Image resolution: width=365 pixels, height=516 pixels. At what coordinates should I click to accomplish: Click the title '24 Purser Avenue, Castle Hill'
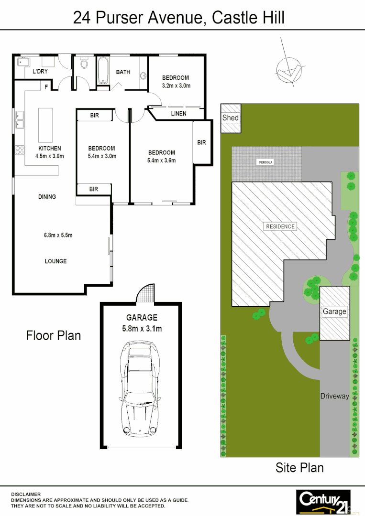[178, 18]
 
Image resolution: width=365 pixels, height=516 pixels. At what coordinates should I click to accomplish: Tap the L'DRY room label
[40, 72]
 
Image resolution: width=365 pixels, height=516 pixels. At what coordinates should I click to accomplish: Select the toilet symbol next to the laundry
[84, 63]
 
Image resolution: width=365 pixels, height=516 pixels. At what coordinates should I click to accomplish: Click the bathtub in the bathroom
[102, 71]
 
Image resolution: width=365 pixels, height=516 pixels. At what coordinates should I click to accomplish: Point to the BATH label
[123, 72]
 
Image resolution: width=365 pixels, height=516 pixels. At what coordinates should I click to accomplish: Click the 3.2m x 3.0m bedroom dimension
[176, 86]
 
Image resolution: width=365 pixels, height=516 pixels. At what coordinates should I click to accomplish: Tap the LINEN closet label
[178, 113]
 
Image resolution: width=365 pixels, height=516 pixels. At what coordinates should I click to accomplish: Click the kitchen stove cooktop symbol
[20, 150]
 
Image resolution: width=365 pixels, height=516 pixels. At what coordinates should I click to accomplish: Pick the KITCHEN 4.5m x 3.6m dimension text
[50, 156]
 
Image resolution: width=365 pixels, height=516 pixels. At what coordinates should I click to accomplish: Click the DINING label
[47, 196]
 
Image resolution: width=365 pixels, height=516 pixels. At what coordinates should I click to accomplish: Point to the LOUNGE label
[55, 261]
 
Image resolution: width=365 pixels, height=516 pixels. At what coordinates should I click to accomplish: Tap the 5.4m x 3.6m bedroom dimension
[161, 161]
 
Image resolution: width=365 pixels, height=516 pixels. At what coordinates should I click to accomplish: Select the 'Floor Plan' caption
[53, 335]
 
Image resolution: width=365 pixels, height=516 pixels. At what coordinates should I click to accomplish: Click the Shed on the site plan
[231, 118]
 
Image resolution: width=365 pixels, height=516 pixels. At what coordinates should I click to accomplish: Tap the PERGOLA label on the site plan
[266, 162]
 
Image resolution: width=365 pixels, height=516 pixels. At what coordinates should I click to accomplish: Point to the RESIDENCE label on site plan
[280, 226]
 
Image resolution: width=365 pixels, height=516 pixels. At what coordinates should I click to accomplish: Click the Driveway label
[334, 396]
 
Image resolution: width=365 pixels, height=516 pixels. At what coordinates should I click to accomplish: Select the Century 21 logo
[323, 500]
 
